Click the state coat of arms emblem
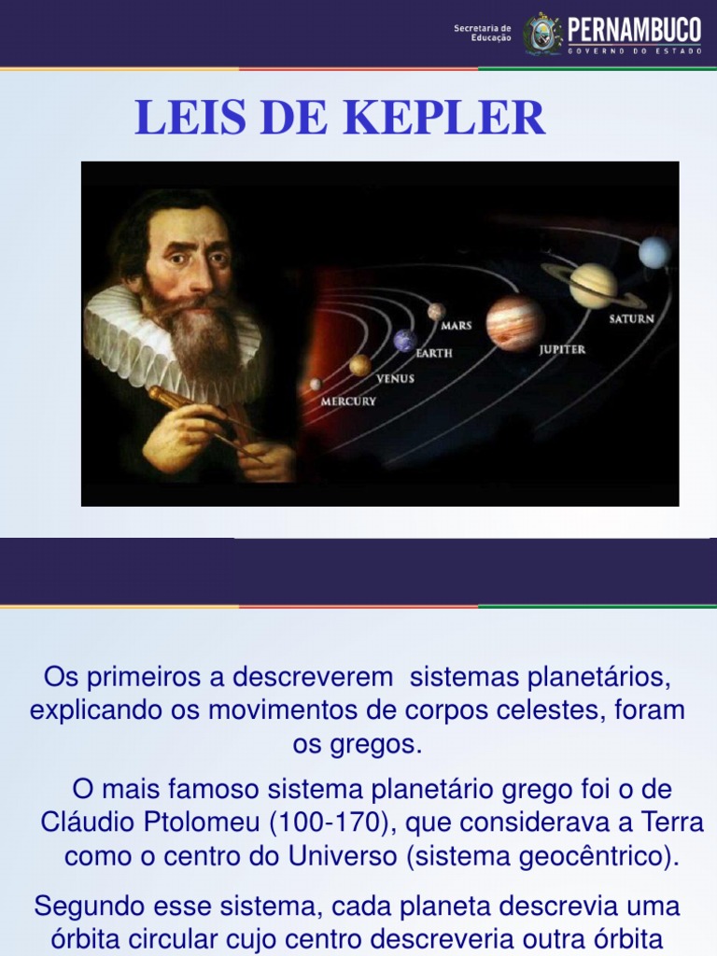[543, 33]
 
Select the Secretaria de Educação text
[482, 33]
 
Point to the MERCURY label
[348, 401]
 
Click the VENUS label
[395, 379]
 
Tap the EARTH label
[434, 354]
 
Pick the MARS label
[457, 326]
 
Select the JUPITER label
[562, 349]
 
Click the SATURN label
[632, 318]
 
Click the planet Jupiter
[514, 322]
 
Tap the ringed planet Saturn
[593, 285]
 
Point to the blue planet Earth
[404, 341]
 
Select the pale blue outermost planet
[654, 252]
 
